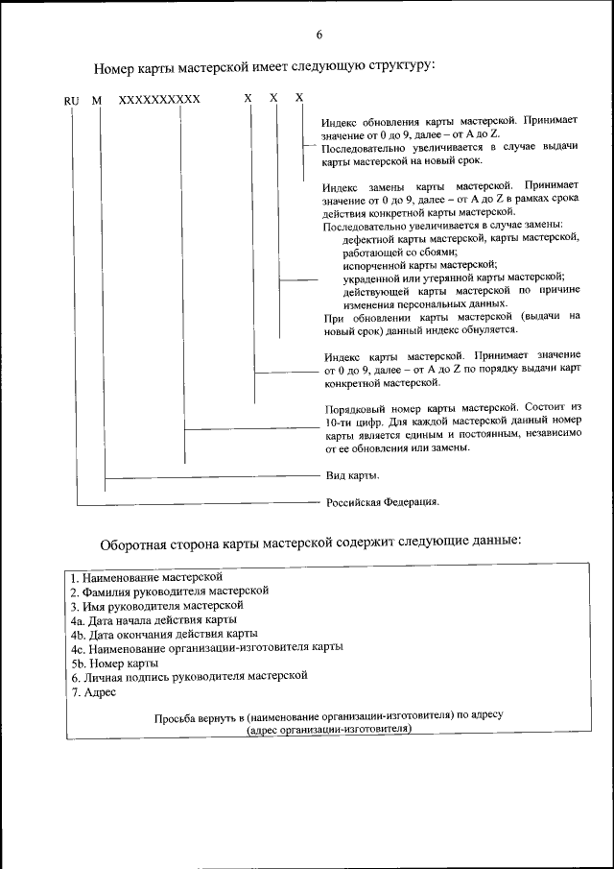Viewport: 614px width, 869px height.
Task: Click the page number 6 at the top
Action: (x=318, y=36)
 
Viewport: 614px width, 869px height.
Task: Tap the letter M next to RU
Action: (x=96, y=100)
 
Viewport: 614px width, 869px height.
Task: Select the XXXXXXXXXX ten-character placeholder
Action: (x=159, y=100)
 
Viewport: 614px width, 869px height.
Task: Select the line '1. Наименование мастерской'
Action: (x=146, y=577)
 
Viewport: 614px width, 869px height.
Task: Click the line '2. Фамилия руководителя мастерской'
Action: (x=169, y=591)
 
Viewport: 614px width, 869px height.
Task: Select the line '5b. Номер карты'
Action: (x=114, y=663)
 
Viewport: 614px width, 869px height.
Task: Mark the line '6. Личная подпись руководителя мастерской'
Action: (x=188, y=676)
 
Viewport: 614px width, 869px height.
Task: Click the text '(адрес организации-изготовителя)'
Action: (x=328, y=729)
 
